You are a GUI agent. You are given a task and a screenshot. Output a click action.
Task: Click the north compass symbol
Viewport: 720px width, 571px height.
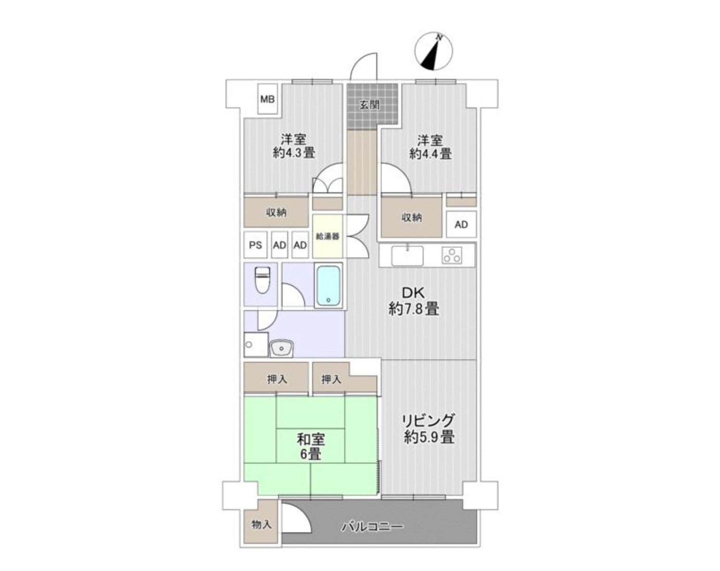[433, 52]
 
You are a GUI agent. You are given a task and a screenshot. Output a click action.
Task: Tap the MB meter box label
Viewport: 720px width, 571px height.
[268, 99]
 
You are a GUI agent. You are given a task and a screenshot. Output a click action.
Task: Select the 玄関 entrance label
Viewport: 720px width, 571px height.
[369, 105]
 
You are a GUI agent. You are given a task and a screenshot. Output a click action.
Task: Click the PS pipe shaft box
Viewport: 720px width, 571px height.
[255, 245]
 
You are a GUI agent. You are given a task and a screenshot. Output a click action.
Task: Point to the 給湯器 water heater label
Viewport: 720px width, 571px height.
[328, 236]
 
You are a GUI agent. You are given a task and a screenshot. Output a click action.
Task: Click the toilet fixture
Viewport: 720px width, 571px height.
[262, 280]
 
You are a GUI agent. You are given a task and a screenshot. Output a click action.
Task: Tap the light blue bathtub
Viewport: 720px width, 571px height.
[328, 285]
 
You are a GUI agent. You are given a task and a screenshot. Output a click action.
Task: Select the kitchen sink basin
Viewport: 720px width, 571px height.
[407, 256]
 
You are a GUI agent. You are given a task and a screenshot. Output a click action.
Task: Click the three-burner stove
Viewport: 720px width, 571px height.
[452, 255]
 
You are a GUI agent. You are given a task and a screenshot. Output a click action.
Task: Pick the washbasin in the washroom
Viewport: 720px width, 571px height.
[281, 349]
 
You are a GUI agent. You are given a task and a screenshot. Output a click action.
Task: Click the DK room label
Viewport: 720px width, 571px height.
[413, 293]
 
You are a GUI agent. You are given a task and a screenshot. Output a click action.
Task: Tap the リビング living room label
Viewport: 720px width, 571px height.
[429, 420]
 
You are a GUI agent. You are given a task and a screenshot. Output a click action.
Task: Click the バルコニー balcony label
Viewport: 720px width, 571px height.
[372, 527]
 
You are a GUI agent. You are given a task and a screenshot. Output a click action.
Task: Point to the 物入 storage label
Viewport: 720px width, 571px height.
[261, 525]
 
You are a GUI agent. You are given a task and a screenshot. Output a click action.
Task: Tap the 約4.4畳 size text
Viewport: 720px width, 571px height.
[430, 154]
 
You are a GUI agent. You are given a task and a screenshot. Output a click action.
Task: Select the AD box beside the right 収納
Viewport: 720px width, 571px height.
[461, 224]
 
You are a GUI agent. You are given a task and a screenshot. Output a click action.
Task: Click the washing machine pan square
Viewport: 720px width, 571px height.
[256, 344]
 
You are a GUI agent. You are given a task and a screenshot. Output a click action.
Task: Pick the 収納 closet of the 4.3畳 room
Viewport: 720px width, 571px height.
[276, 212]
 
